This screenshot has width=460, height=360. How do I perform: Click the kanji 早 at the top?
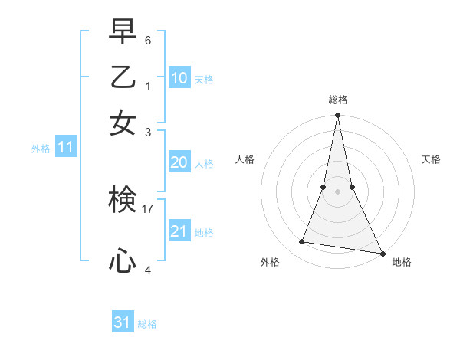(x=123, y=31)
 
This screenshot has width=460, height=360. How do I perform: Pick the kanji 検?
(x=123, y=201)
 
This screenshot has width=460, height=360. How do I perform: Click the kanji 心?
(x=123, y=261)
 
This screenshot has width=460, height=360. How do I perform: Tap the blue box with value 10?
(x=179, y=78)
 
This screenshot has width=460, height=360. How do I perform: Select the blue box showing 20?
(x=179, y=162)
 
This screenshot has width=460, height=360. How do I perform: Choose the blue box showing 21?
(x=179, y=231)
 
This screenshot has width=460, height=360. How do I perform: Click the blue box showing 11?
(x=65, y=148)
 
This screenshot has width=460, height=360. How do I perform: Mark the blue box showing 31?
(x=123, y=322)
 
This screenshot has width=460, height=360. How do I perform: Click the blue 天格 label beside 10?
(x=204, y=80)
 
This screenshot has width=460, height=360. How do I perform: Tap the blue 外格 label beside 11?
(x=41, y=149)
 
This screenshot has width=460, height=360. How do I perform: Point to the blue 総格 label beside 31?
(x=147, y=324)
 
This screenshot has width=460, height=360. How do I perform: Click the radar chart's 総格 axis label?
(x=337, y=100)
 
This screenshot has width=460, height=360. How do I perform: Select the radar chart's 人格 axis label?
(x=245, y=159)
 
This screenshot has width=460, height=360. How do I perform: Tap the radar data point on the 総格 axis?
(x=337, y=116)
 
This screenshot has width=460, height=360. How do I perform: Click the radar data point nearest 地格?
(x=382, y=253)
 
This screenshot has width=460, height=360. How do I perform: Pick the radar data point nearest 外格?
(x=302, y=242)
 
